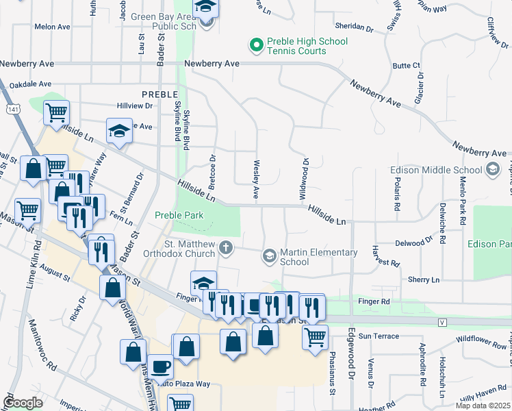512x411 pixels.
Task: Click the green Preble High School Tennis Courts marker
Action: click(257, 46)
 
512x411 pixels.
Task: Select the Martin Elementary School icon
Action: click(270, 257)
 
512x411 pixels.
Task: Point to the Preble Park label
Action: click(179, 215)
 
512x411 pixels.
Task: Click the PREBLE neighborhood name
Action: click(159, 94)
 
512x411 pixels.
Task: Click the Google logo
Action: click(23, 402)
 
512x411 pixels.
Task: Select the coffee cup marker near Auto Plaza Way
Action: click(160, 366)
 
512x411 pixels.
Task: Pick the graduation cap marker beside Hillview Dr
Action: click(119, 130)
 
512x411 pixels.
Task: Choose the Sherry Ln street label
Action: click(424, 279)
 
